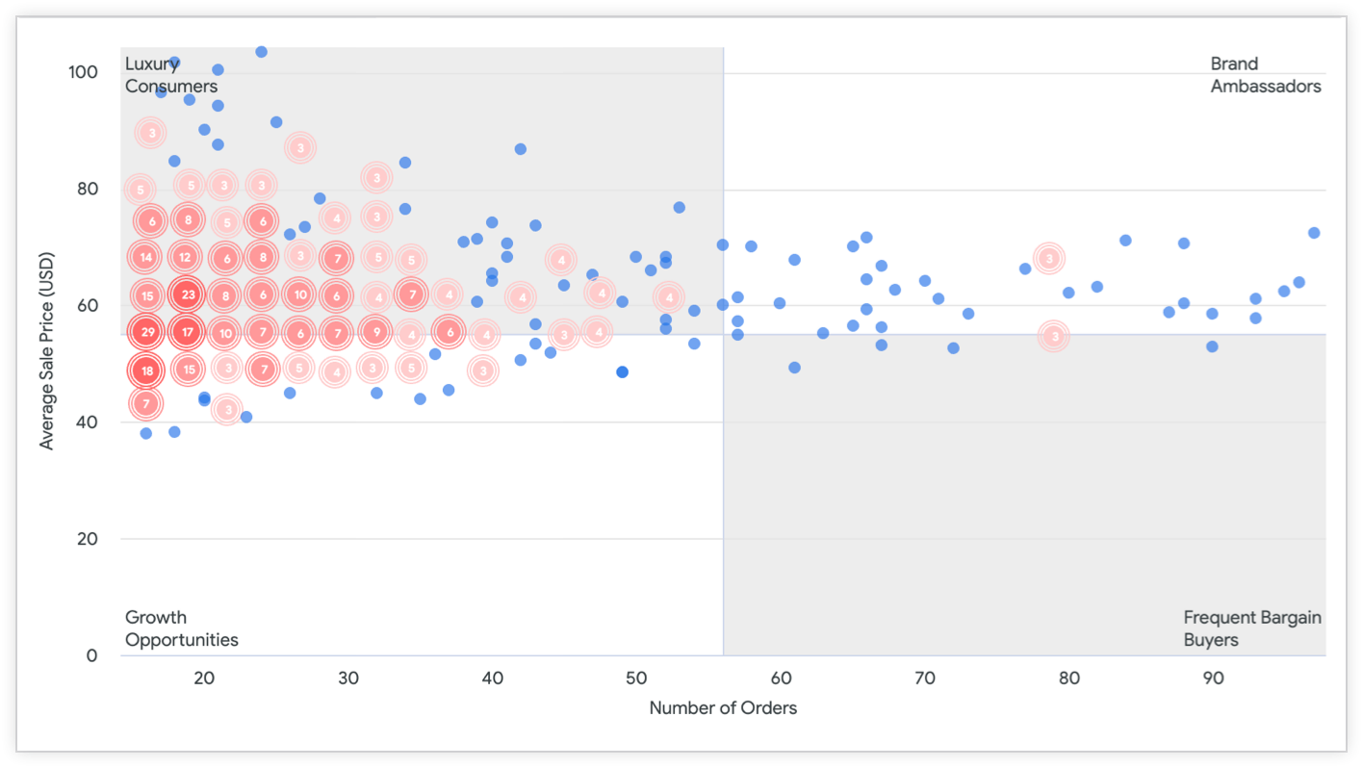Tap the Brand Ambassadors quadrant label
tap(1265, 75)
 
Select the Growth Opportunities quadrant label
tap(181, 628)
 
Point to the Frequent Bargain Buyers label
tap(1251, 628)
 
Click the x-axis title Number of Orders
tap(723, 708)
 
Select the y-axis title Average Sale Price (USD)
tap(47, 350)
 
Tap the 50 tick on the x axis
tap(636, 678)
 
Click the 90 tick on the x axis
tap(1214, 678)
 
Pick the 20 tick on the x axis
tap(204, 678)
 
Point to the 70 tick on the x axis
tap(925, 678)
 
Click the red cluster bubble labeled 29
tap(146, 333)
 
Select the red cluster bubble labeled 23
tap(188, 295)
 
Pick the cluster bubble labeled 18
tap(146, 371)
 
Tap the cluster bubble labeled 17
tap(188, 333)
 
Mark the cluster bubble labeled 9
tap(376, 333)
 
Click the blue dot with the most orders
tap(1313, 233)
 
